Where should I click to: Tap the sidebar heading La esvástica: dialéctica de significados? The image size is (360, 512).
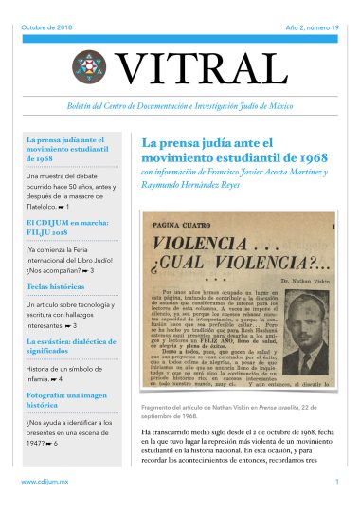click(72, 344)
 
